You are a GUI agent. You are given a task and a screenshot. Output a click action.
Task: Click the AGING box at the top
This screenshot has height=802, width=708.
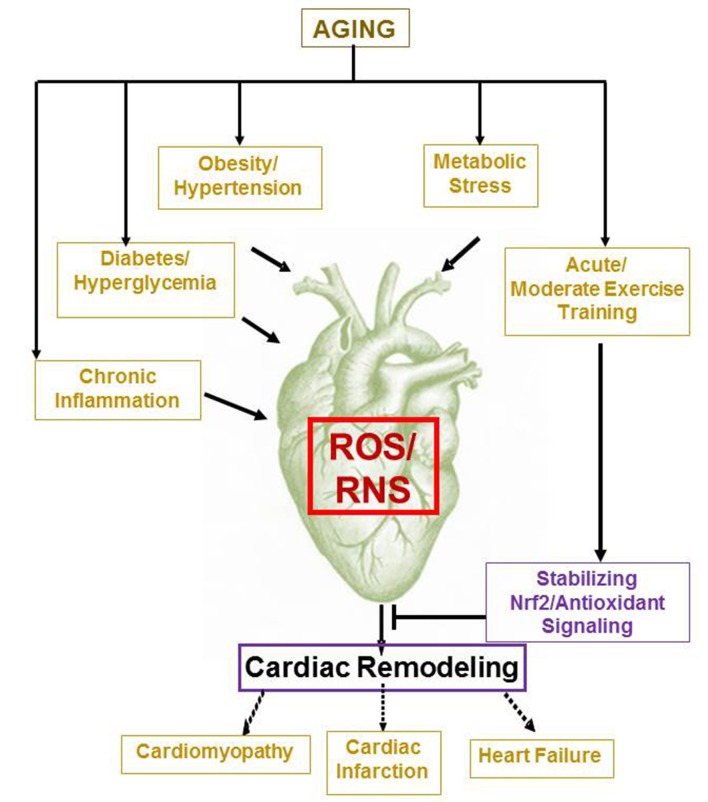(x=355, y=28)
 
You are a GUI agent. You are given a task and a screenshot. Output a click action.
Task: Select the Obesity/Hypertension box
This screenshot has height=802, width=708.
(x=240, y=177)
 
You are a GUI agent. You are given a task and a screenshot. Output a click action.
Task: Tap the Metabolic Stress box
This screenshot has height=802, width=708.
(x=480, y=175)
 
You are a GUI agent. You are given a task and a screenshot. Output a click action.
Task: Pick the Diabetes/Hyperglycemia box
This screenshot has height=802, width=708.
(x=146, y=280)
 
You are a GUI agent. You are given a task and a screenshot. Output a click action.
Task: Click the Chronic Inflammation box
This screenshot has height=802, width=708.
(x=118, y=390)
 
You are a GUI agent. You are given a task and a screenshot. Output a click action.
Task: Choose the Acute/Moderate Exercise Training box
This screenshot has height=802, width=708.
(x=597, y=292)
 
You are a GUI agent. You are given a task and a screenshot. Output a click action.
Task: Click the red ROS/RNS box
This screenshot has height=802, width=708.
(x=373, y=465)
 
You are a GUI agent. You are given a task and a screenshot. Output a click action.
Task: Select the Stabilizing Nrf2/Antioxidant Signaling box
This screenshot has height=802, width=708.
(x=587, y=602)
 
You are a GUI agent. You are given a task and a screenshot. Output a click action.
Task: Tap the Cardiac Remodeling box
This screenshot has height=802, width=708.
(x=382, y=667)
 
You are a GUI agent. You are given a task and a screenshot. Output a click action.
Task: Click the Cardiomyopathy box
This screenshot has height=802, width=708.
(x=215, y=754)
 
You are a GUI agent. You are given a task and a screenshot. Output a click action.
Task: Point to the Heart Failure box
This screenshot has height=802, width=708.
(x=542, y=758)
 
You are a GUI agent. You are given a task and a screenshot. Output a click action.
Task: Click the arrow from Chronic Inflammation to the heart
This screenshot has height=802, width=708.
(x=236, y=407)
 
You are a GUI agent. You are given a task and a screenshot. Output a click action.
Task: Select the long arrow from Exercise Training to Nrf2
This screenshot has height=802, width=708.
(x=601, y=453)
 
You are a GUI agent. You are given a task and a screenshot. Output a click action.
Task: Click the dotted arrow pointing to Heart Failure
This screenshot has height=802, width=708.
(x=520, y=712)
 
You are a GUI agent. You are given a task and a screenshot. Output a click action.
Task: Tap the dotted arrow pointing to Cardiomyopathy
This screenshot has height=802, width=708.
(x=253, y=712)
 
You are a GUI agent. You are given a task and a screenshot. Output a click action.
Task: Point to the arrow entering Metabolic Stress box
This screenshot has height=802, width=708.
(x=480, y=113)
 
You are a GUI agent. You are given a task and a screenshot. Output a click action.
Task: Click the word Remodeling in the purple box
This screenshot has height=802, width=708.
(x=438, y=667)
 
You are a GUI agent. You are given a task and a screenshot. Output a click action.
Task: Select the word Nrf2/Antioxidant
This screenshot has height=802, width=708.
(x=587, y=603)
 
